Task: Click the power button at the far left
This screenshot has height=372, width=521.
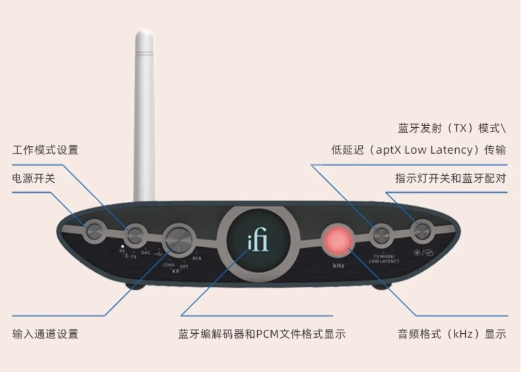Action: [x=95, y=231]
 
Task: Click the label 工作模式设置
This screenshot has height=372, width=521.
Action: [x=45, y=150]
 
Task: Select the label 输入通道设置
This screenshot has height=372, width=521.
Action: [x=45, y=334]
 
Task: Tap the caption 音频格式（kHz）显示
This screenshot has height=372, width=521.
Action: [x=451, y=334]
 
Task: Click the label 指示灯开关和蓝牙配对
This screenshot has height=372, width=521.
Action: [x=450, y=179]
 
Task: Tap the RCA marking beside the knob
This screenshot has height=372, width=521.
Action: [x=197, y=258]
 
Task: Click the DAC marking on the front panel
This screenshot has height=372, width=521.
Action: [x=145, y=252]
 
